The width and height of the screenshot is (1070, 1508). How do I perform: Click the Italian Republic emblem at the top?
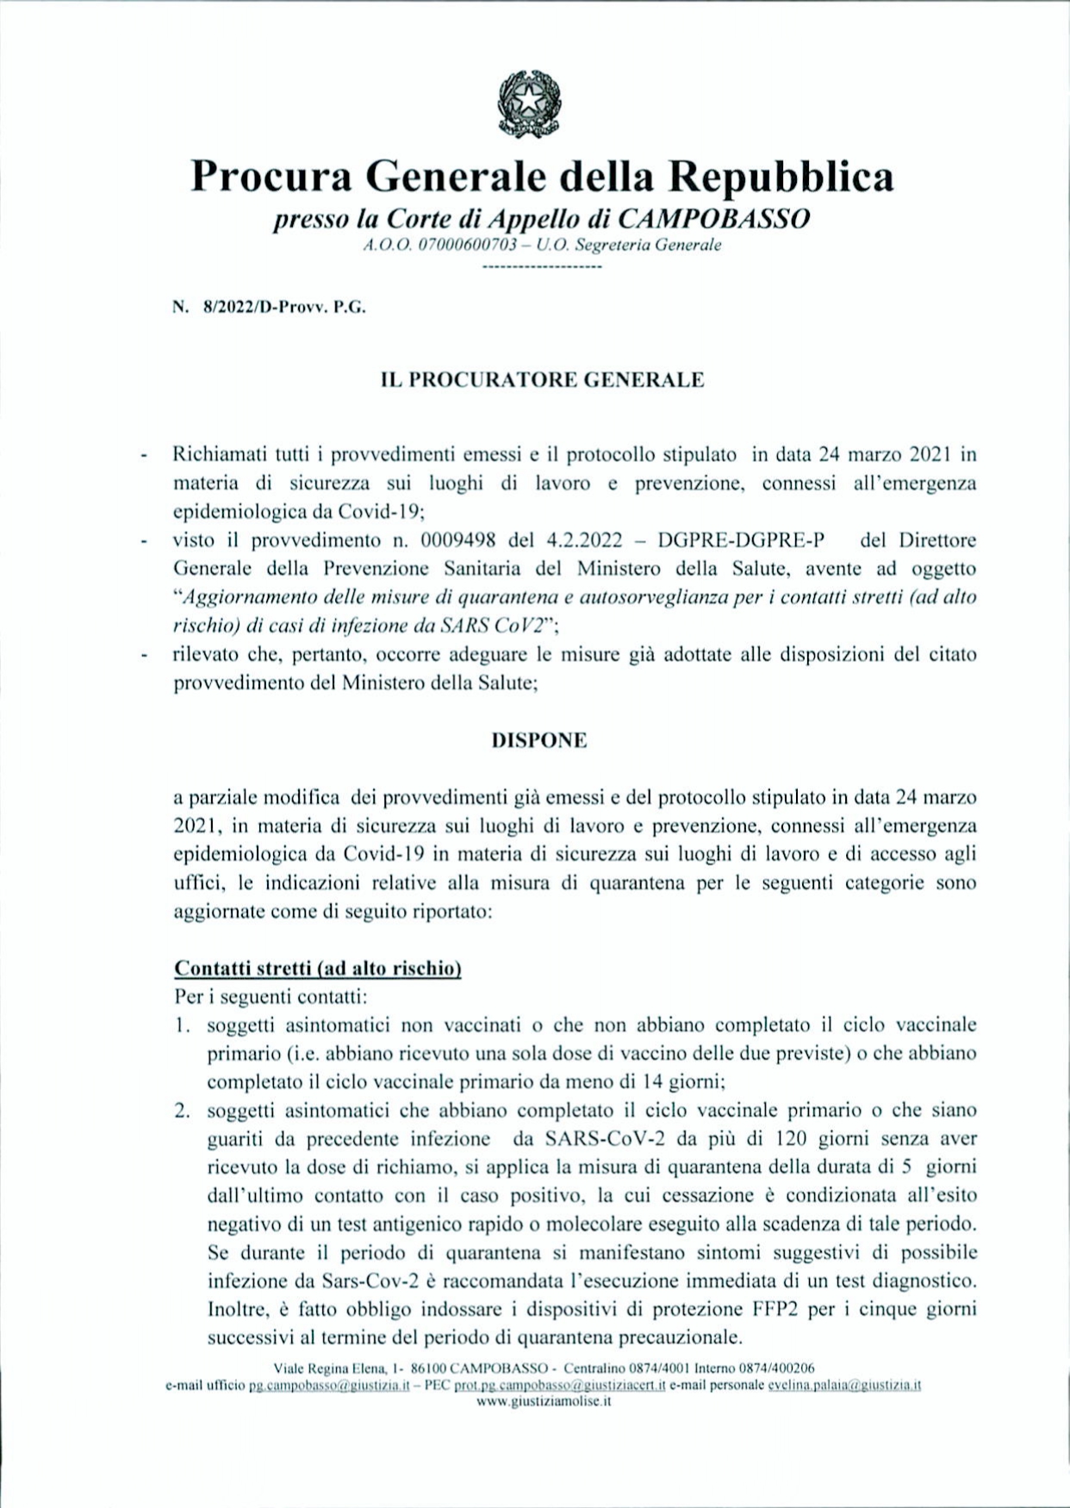[529, 104]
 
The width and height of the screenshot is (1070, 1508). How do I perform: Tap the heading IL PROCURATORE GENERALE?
[543, 380]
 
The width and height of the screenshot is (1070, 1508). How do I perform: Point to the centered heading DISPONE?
[539, 740]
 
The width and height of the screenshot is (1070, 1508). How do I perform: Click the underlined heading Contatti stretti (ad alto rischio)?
[318, 968]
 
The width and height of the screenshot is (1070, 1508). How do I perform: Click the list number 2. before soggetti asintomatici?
[182, 1111]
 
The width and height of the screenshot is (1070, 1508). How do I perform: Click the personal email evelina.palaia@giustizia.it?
[845, 1386]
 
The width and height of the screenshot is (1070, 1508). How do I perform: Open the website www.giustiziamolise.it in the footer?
[544, 1401]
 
